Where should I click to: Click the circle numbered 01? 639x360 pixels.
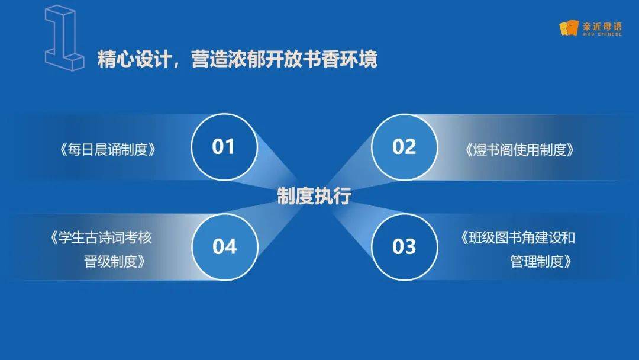point(224,147)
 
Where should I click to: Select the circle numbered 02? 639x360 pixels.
point(404,147)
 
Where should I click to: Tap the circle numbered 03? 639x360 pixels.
point(404,247)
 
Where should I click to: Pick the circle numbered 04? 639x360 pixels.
point(225,247)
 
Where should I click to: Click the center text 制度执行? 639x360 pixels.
point(314,196)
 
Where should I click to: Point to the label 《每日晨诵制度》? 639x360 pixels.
point(108,150)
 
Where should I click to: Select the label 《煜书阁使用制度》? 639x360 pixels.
point(519,150)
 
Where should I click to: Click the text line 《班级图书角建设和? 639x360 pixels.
point(518,237)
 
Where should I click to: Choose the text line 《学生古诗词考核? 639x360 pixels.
point(101,237)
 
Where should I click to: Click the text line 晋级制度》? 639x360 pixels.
point(115,261)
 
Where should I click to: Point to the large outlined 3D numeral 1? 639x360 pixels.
point(64,37)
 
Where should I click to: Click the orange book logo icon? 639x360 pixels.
point(569,28)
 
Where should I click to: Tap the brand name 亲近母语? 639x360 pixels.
point(602,27)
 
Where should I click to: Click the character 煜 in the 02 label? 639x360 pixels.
point(480,150)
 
